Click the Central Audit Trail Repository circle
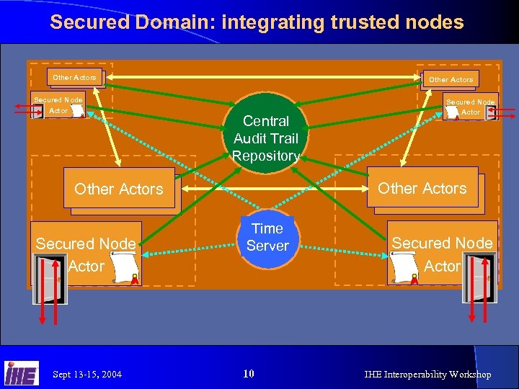266,134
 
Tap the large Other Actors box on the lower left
119,189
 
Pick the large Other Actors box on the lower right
422,188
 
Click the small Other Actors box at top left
75,78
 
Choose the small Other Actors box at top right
451,79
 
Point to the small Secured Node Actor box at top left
58,105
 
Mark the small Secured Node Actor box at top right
470,107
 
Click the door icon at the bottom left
49,277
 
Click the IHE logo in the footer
22,372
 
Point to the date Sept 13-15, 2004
87,374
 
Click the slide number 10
249,373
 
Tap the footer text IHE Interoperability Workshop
427,374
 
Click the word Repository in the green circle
266,156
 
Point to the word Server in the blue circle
267,246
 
